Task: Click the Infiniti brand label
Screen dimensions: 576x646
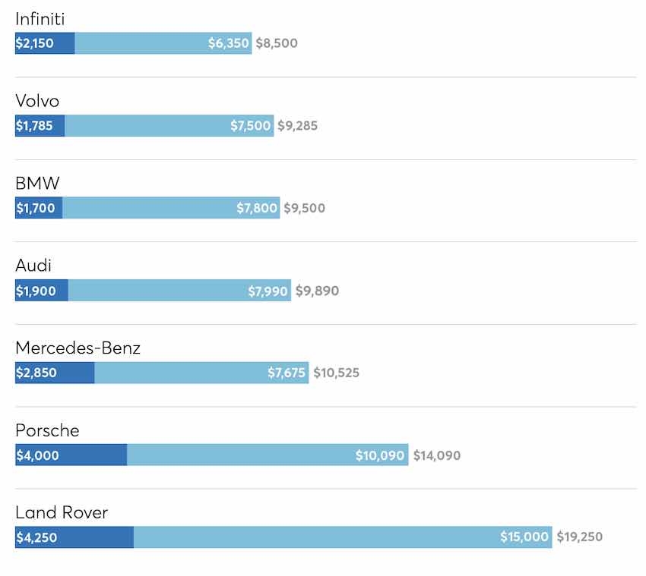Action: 45,19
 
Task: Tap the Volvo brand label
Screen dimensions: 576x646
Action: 37,102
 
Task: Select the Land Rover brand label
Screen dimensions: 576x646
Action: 62,513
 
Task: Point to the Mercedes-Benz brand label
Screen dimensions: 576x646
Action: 78,348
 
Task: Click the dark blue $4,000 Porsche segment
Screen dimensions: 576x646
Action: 71,455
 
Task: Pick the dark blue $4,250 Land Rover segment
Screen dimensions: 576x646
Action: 74,537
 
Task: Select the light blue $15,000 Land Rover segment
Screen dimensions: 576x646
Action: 342,537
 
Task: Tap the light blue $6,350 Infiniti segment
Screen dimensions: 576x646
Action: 163,43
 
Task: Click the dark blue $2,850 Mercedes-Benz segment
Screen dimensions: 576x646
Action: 55,373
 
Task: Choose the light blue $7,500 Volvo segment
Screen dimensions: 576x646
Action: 169,126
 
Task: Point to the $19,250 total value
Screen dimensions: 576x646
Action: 579,537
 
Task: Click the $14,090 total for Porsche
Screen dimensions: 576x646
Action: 436,455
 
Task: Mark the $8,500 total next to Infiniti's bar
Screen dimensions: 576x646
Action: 277,43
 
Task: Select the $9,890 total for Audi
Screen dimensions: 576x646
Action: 317,291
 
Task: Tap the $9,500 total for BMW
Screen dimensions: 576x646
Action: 304,208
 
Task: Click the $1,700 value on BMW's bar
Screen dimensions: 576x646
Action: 36,208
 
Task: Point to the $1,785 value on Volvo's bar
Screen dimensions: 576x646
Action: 35,126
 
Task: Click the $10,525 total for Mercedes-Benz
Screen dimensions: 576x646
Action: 336,373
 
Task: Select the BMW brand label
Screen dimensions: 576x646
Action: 37,184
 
